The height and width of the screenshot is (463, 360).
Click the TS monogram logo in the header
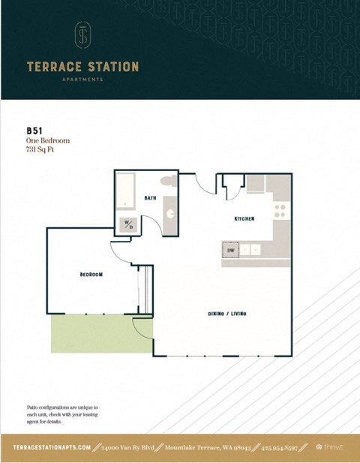pyautogui.click(x=82, y=35)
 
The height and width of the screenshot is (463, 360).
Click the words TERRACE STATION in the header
pyautogui.click(x=82, y=67)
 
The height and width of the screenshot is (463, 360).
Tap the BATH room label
pyautogui.click(x=150, y=198)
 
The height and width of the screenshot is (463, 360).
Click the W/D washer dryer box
pyautogui.click(x=127, y=224)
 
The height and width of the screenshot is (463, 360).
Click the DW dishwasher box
pyautogui.click(x=231, y=249)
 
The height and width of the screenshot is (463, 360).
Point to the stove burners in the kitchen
pyautogui.click(x=280, y=209)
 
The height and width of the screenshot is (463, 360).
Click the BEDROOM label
pyautogui.click(x=91, y=275)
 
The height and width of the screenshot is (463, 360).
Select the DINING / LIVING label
pyautogui.click(x=227, y=312)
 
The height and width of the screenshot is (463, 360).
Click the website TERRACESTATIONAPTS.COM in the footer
pyautogui.click(x=52, y=447)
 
